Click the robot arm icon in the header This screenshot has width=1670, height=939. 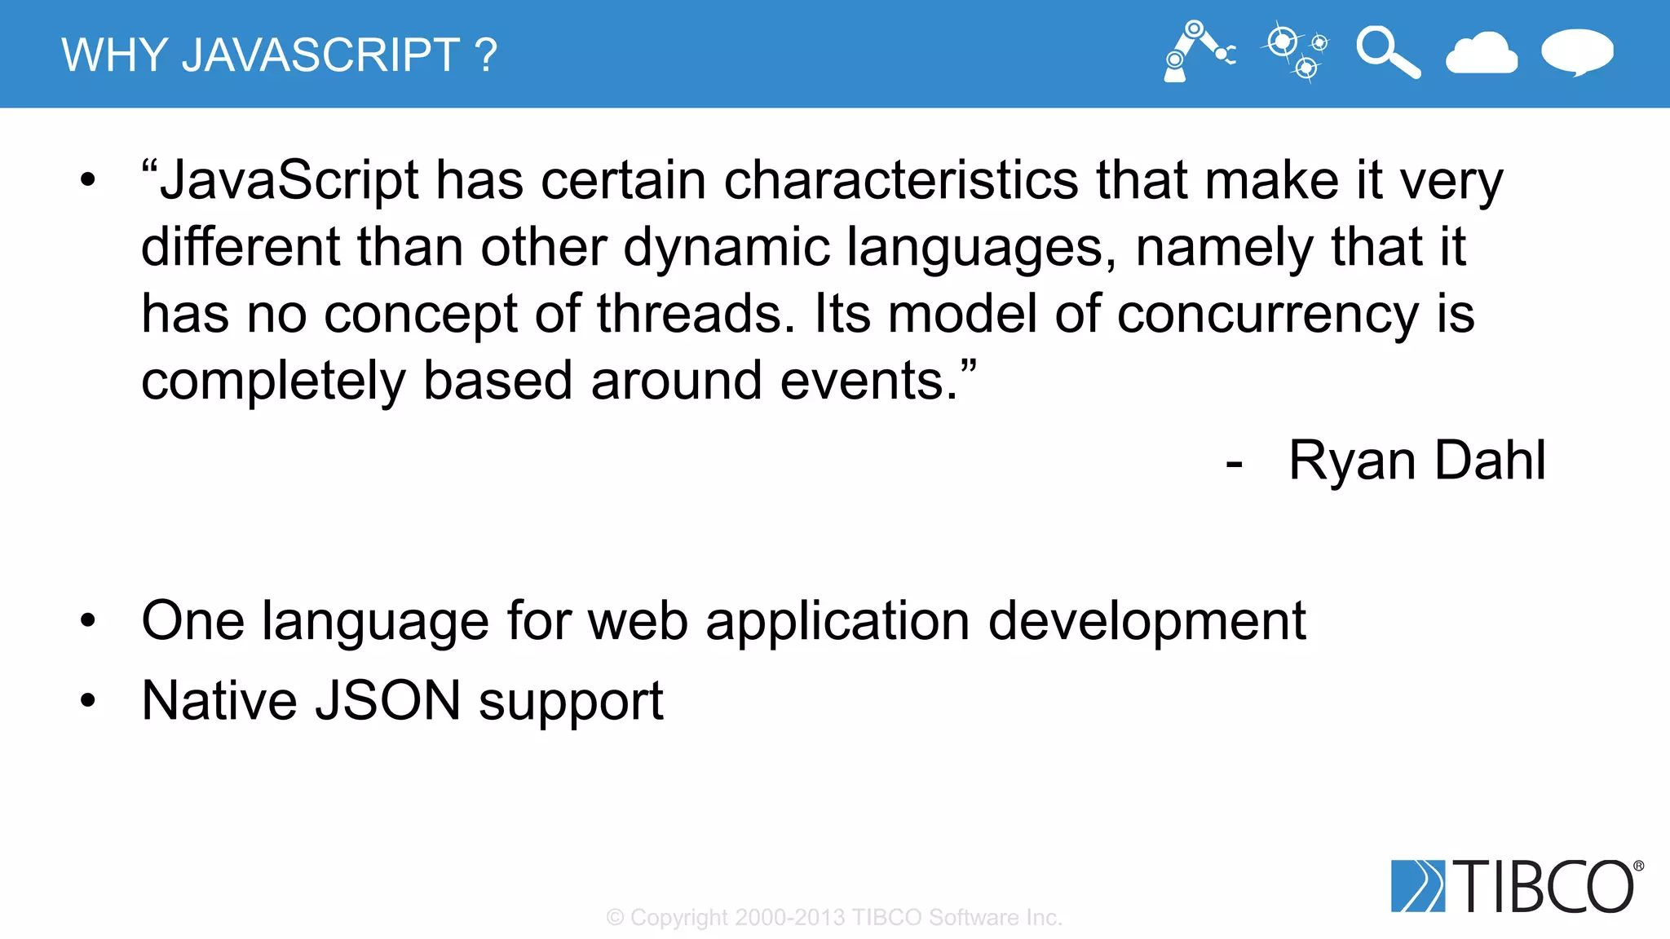[x=1197, y=52]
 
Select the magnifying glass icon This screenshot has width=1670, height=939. [x=1387, y=52]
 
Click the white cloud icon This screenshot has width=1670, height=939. [x=1481, y=54]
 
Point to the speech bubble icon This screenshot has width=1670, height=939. [x=1577, y=52]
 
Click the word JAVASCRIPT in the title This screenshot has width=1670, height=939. [x=320, y=55]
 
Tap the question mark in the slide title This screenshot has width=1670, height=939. [x=486, y=55]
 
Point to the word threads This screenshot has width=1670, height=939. [x=695, y=315]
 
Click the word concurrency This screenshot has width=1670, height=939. [x=1267, y=315]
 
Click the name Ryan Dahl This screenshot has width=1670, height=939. [x=1416, y=461]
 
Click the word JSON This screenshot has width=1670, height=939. [x=388, y=701]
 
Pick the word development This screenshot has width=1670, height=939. [x=1146, y=621]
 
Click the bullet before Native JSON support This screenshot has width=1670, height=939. [x=88, y=700]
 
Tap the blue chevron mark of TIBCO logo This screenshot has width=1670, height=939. [x=1417, y=886]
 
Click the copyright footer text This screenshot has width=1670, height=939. [x=834, y=918]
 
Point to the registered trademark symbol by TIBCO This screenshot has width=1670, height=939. [x=1638, y=866]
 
